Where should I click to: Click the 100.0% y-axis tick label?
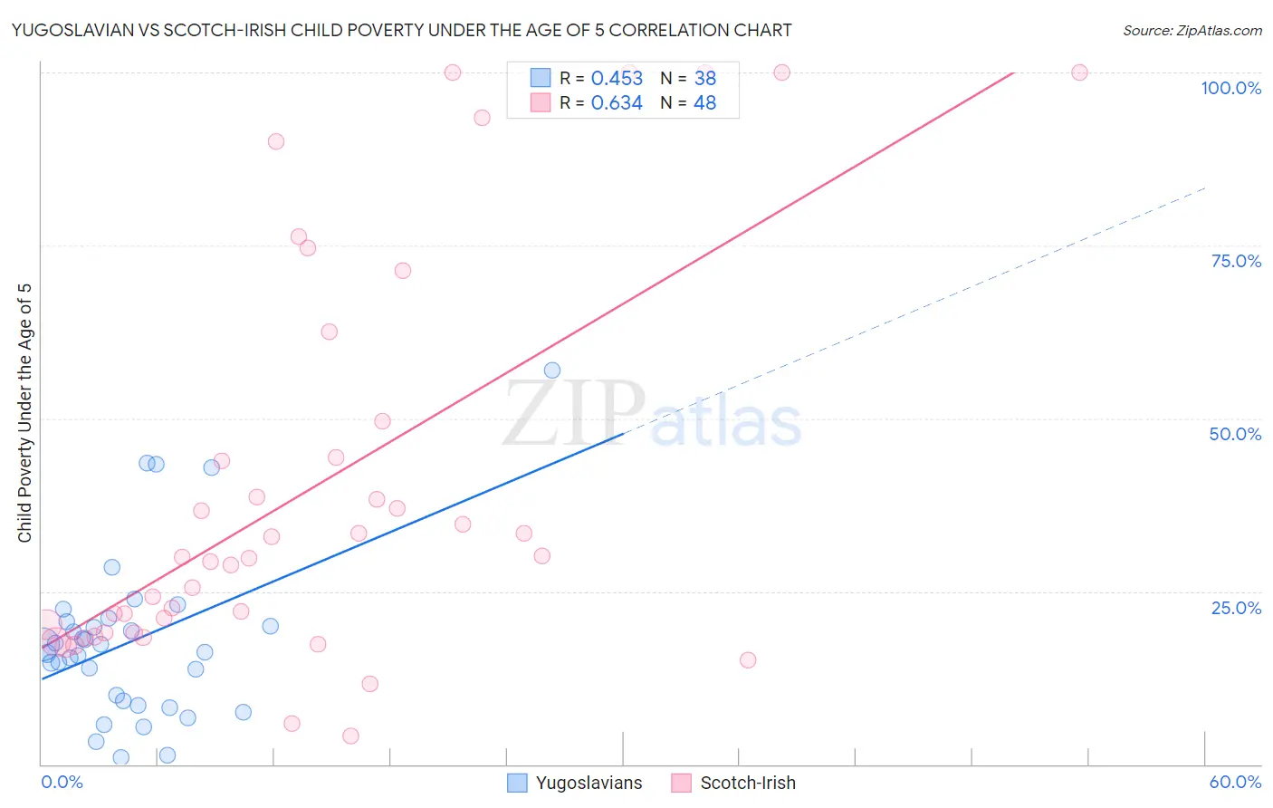1230,88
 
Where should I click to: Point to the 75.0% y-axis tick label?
1236,261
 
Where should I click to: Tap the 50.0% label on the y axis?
1235,434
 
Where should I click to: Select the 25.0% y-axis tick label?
1236,608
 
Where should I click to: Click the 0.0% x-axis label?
62,782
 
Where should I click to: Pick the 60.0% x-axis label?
1235,782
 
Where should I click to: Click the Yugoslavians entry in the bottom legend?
589,783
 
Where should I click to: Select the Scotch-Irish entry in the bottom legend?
748,783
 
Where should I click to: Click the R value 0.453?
617,79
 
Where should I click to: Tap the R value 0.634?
617,103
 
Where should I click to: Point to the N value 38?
704,79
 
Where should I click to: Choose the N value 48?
704,103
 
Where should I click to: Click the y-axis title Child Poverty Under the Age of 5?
24,413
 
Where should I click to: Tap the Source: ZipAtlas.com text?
1192,30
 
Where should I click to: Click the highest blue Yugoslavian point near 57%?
552,370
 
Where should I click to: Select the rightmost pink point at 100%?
1079,72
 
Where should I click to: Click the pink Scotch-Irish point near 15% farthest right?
748,660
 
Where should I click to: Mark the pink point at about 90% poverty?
276,141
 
